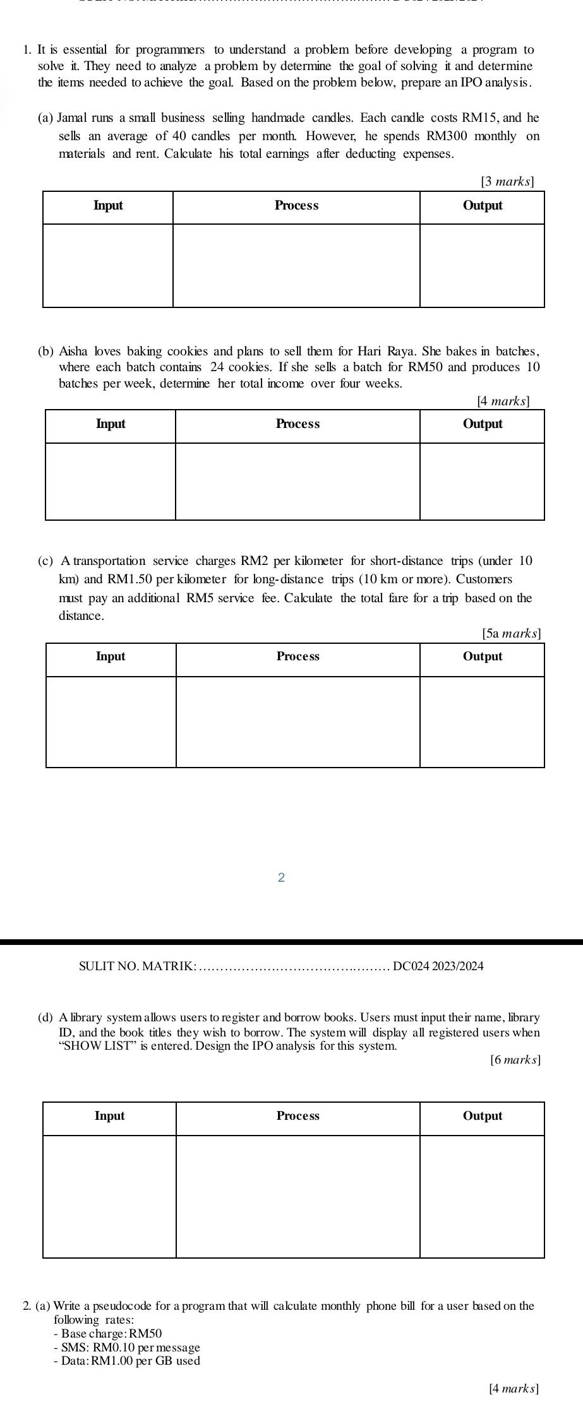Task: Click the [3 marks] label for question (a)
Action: click(x=507, y=182)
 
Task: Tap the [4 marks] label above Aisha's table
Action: click(x=503, y=400)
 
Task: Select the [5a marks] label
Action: click(x=512, y=632)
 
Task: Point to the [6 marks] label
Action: click(x=515, y=1060)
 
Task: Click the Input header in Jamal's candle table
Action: click(x=108, y=206)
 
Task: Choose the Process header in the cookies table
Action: click(x=298, y=424)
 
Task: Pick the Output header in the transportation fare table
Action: click(x=483, y=656)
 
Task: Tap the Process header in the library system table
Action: click(x=298, y=1116)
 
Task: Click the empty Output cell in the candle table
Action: click(x=482, y=265)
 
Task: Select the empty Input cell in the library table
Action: click(x=109, y=1196)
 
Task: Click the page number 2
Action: click(x=282, y=877)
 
